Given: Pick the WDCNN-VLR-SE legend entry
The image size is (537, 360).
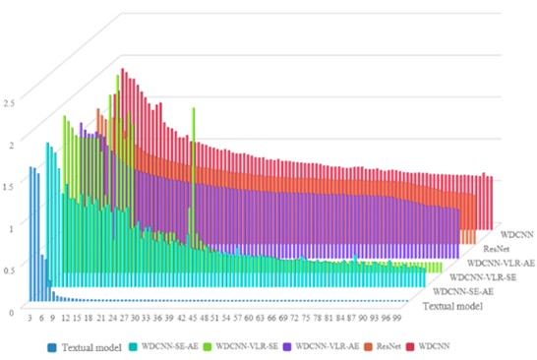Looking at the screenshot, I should (255, 346).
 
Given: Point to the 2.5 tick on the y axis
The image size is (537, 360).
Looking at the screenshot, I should (9, 101).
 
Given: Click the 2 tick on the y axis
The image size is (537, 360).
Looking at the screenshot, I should (11, 144).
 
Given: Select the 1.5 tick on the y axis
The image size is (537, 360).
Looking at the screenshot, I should (9, 185).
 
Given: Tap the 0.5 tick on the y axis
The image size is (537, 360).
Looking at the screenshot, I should (9, 270).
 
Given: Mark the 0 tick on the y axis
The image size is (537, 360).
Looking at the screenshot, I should (11, 311).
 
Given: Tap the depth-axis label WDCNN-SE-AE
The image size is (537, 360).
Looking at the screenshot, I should (462, 292).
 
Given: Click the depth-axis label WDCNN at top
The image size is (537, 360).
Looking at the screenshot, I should (516, 236).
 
